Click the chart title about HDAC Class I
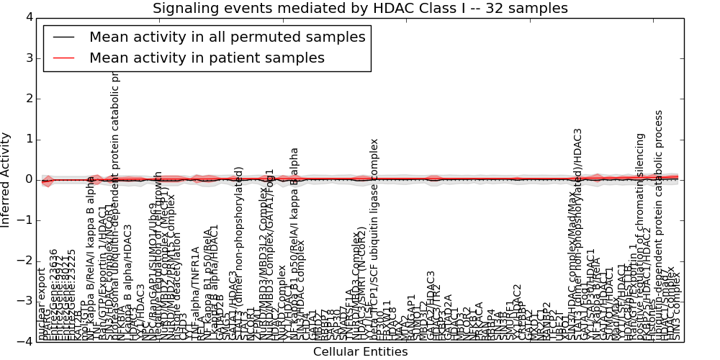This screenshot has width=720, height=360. pos(360,9)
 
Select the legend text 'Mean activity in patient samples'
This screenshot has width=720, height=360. pos(207,58)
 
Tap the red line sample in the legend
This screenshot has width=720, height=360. pos(62,58)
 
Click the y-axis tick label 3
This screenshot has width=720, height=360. pos(27,58)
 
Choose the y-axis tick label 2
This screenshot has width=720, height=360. pos(27,99)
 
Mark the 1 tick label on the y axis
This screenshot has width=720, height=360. pos(27,139)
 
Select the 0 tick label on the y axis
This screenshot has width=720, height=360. pos(27,180)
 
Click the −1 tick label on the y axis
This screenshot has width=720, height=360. pos(23,220)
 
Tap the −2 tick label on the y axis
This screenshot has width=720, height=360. pos(23,261)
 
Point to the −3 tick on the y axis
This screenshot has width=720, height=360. pos(23,301)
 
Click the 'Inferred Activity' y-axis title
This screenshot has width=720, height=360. pos(6,179)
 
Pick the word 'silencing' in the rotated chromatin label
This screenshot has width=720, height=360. pos(640,157)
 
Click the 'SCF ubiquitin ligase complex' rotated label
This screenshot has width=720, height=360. pos(374,216)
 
